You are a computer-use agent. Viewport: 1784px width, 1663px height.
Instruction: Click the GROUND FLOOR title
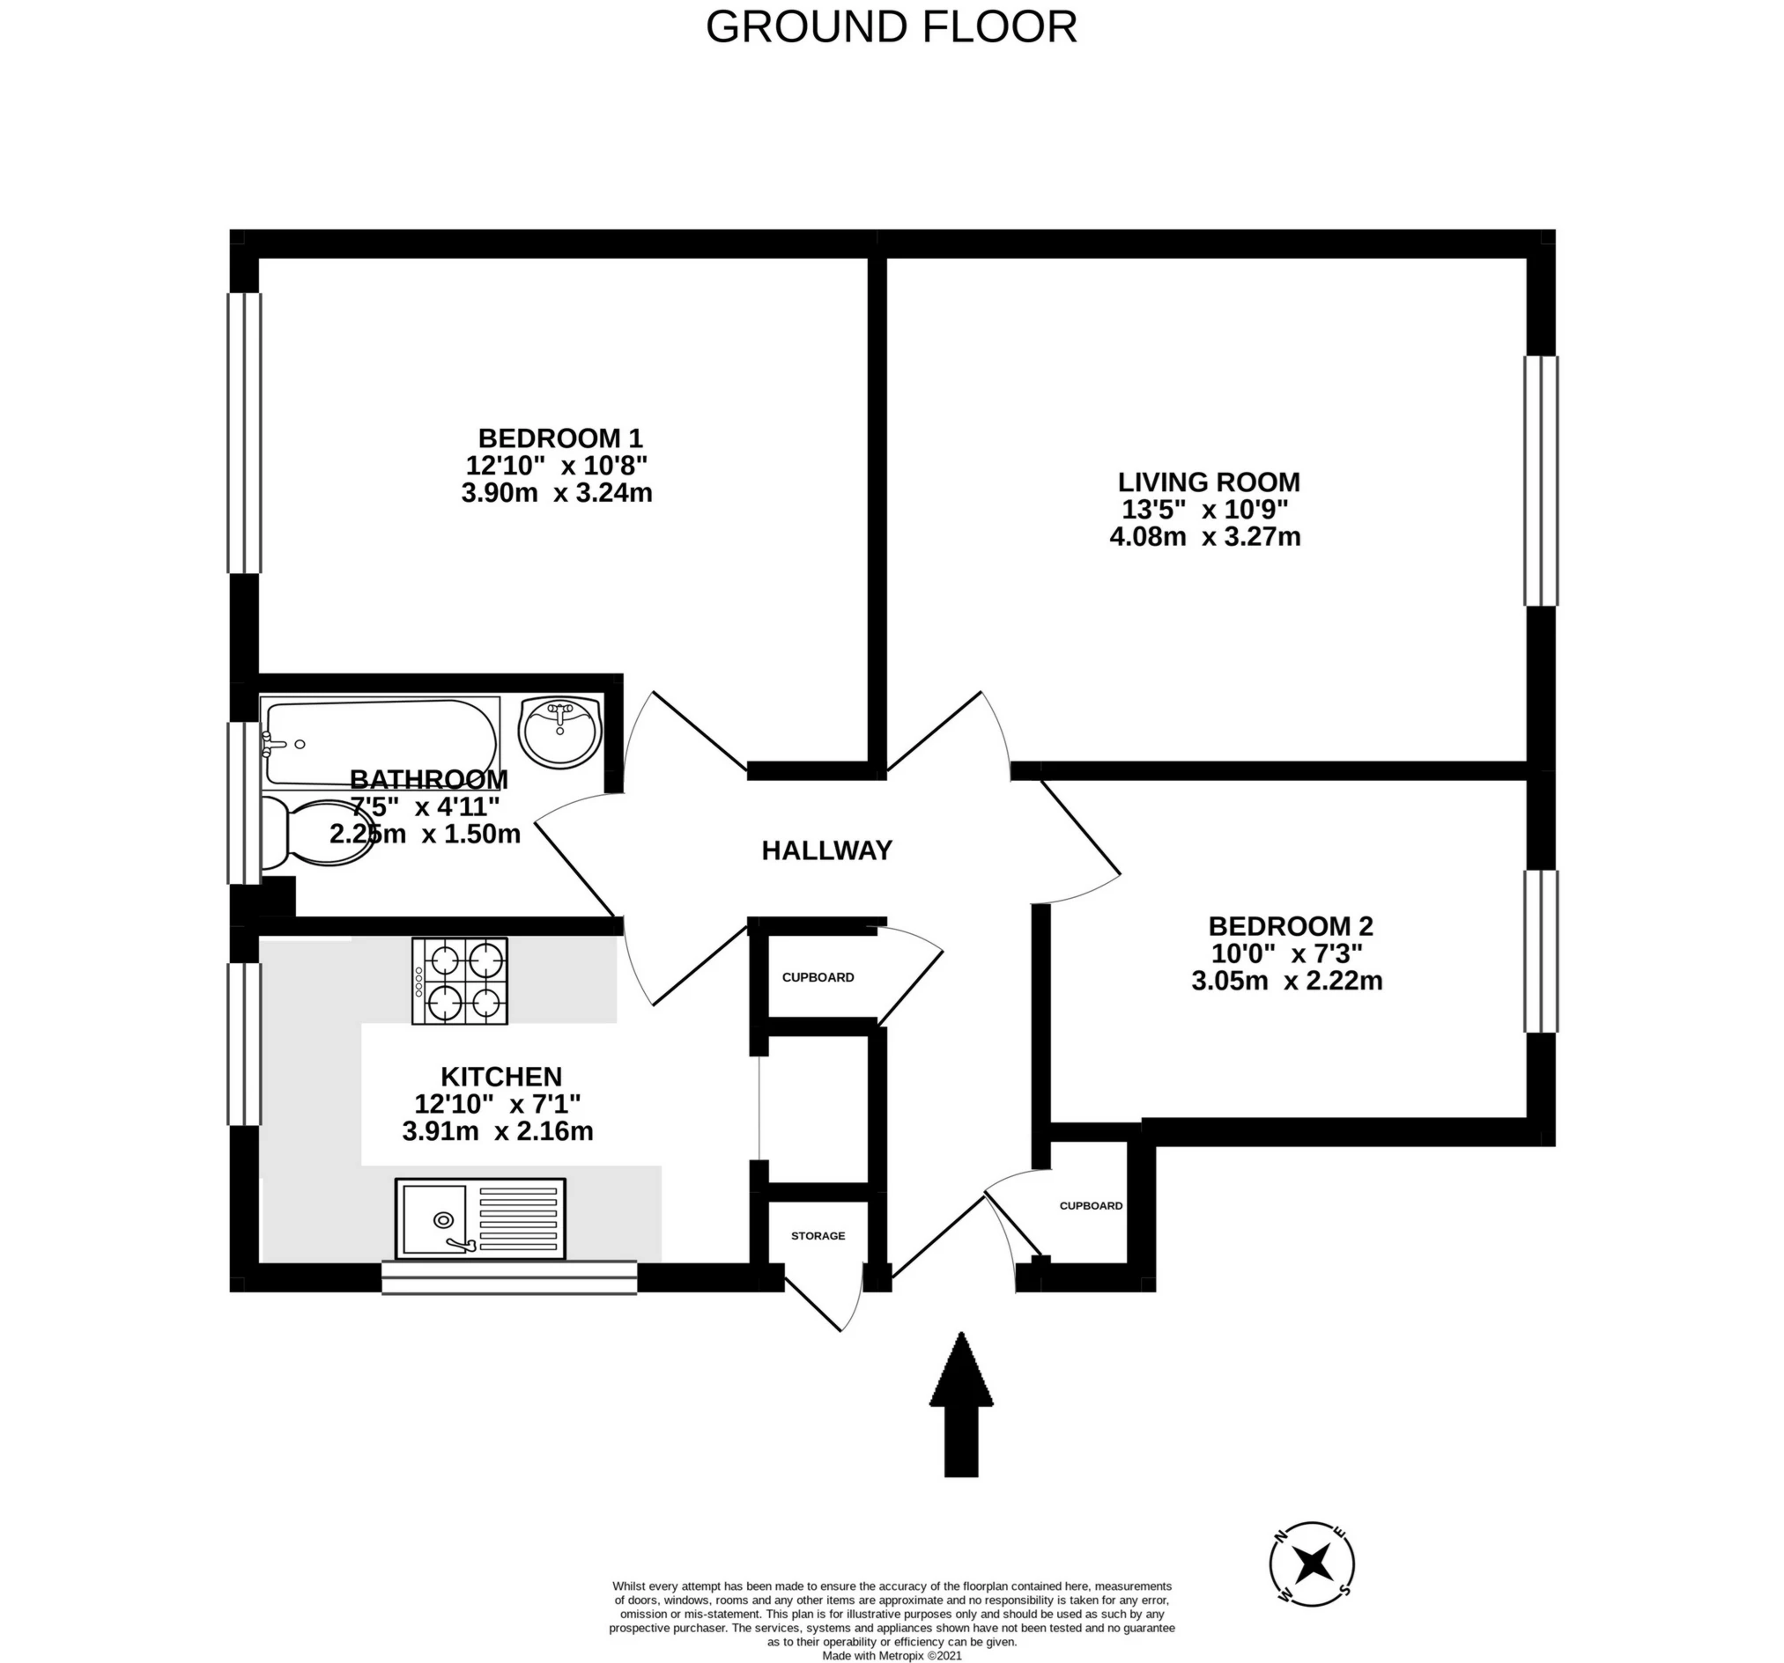(x=890, y=27)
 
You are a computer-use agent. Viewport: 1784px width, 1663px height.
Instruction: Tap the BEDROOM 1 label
(x=560, y=438)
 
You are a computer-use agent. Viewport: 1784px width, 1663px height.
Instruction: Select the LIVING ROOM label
(x=1208, y=482)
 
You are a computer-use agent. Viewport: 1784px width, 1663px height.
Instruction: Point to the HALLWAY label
(x=826, y=850)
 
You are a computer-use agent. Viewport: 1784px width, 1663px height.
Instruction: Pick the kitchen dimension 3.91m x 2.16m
(x=497, y=1131)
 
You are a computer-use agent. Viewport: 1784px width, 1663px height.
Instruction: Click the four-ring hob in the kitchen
(x=460, y=981)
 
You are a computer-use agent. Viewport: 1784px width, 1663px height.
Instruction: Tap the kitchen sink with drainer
(x=480, y=1218)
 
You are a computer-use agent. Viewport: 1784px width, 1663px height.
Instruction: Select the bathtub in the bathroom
(x=381, y=744)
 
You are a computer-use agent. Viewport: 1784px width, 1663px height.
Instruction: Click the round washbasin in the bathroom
(x=561, y=732)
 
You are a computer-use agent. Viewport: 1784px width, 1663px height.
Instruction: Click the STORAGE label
(x=818, y=1236)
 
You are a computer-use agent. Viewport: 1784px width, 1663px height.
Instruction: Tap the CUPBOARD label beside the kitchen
(x=818, y=978)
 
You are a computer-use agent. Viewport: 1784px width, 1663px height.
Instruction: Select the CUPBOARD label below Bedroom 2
(x=1091, y=1205)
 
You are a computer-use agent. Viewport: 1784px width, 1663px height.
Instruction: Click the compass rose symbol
(x=1312, y=1564)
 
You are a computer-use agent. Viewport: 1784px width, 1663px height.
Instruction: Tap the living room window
(x=1541, y=481)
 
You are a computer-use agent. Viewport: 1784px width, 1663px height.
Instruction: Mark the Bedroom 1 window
(x=244, y=432)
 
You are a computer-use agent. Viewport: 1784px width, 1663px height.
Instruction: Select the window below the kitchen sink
(x=509, y=1277)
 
